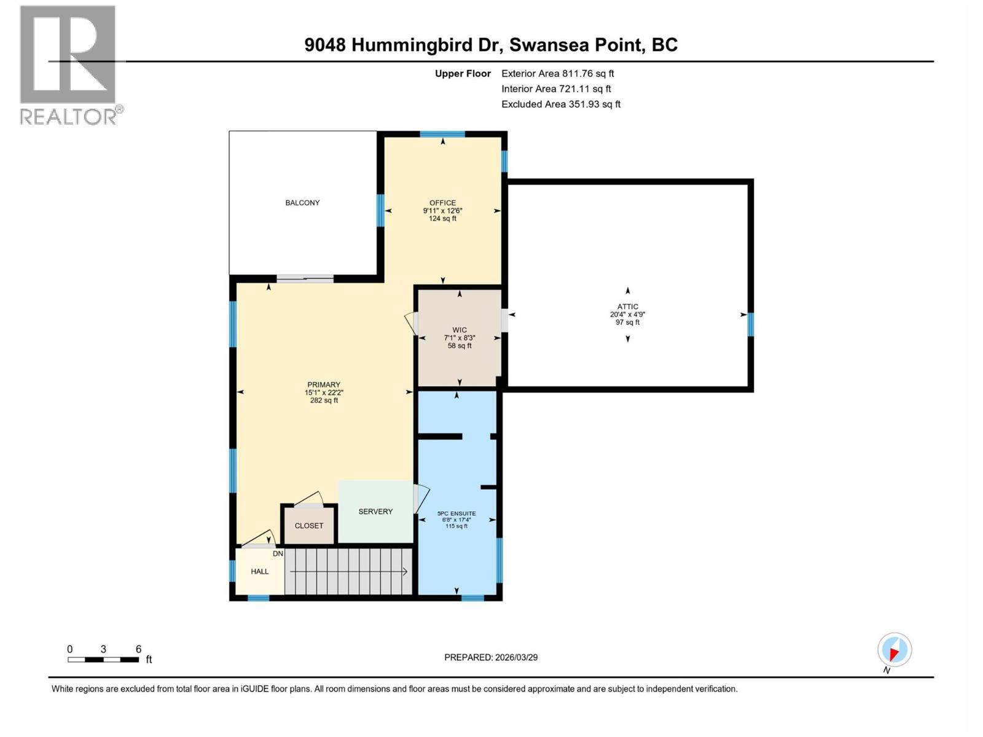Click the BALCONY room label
[302, 203]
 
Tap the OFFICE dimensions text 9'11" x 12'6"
[442, 211]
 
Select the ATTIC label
[627, 306]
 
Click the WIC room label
[460, 330]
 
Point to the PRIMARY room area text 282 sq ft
[324, 400]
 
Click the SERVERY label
[375, 511]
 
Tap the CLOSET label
[308, 526]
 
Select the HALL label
[259, 571]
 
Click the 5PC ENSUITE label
[456, 513]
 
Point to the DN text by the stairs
[278, 553]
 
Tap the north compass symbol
[894, 650]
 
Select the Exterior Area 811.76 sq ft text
[557, 73]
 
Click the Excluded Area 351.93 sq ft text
[560, 104]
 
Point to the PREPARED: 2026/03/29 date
[491, 657]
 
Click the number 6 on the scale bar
[138, 649]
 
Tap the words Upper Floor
[463, 74]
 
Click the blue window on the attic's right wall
[750, 324]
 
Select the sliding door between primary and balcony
[305, 279]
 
